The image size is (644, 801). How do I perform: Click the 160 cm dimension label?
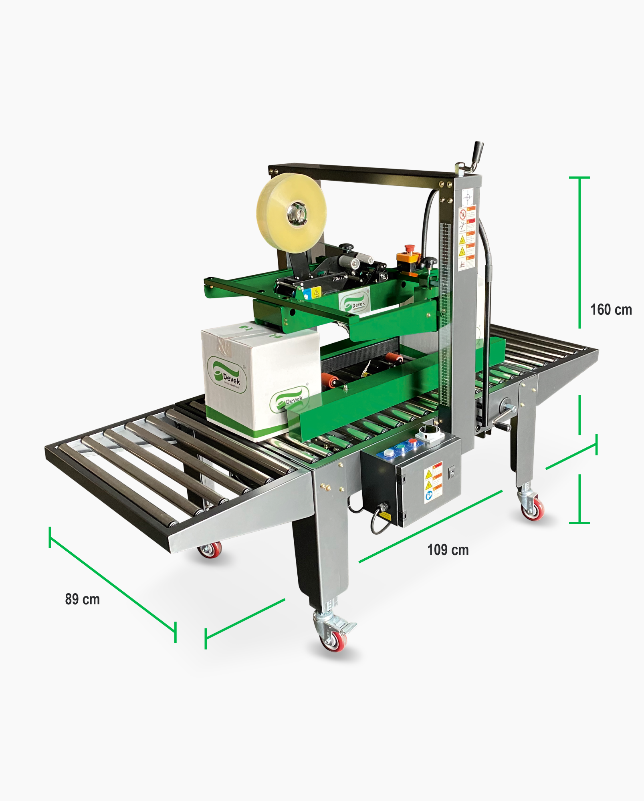point(611,310)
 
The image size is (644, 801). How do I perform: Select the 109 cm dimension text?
point(448,550)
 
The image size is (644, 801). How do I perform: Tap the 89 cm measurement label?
point(82,599)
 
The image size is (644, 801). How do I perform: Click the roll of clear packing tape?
point(291,213)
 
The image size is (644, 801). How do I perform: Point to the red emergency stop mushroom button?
point(409,249)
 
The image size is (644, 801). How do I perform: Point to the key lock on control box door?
point(452,473)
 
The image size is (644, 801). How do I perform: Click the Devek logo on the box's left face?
point(227,375)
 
